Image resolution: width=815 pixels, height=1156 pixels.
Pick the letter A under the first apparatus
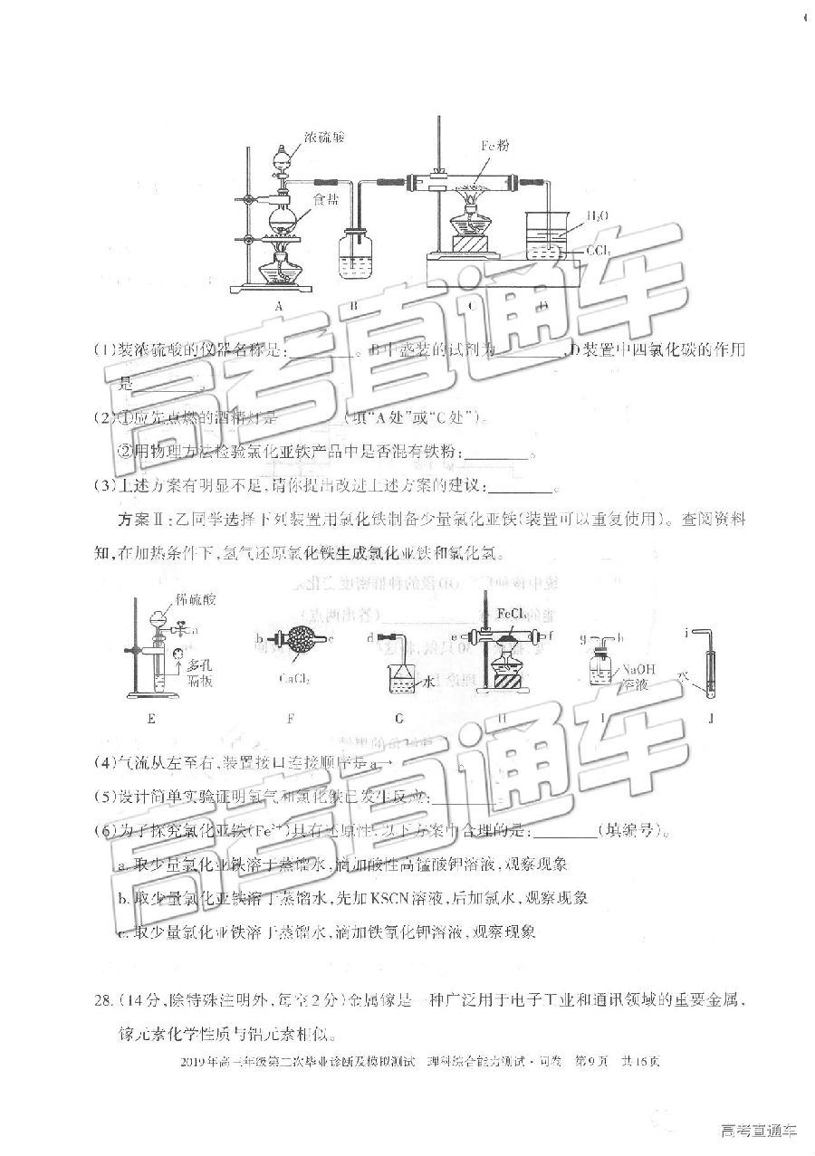coord(279,306)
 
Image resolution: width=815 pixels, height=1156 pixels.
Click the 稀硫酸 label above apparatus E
coord(173,599)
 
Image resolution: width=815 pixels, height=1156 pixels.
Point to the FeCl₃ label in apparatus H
coord(513,613)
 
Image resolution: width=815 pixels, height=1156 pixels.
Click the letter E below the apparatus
coord(150,719)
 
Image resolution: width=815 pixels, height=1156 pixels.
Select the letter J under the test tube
coord(712,719)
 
